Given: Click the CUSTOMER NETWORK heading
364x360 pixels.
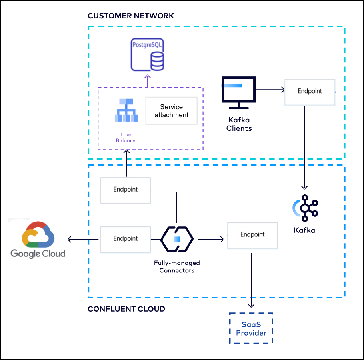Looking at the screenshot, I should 131,16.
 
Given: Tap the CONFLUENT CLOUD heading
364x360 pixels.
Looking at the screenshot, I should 126,309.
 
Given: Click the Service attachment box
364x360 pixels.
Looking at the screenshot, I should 171,111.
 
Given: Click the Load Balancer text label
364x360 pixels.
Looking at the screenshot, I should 126,137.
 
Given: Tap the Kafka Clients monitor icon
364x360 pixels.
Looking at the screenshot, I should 238,92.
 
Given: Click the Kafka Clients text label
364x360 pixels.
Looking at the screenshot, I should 239,124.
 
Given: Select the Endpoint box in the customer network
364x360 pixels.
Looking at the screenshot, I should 310,92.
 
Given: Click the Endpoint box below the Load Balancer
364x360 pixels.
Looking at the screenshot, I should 126,190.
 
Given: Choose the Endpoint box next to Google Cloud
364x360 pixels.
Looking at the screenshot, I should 126,239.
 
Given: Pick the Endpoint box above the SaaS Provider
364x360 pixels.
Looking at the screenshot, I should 252,235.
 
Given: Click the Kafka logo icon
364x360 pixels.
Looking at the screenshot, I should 305,208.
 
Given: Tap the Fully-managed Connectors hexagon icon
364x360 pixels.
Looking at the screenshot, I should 177,239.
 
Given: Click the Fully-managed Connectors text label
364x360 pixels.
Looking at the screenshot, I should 177,267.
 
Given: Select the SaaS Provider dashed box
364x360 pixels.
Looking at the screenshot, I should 251,328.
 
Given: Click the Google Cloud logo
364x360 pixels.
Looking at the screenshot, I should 38,240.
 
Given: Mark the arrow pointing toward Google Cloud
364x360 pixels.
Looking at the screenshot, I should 83,239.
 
